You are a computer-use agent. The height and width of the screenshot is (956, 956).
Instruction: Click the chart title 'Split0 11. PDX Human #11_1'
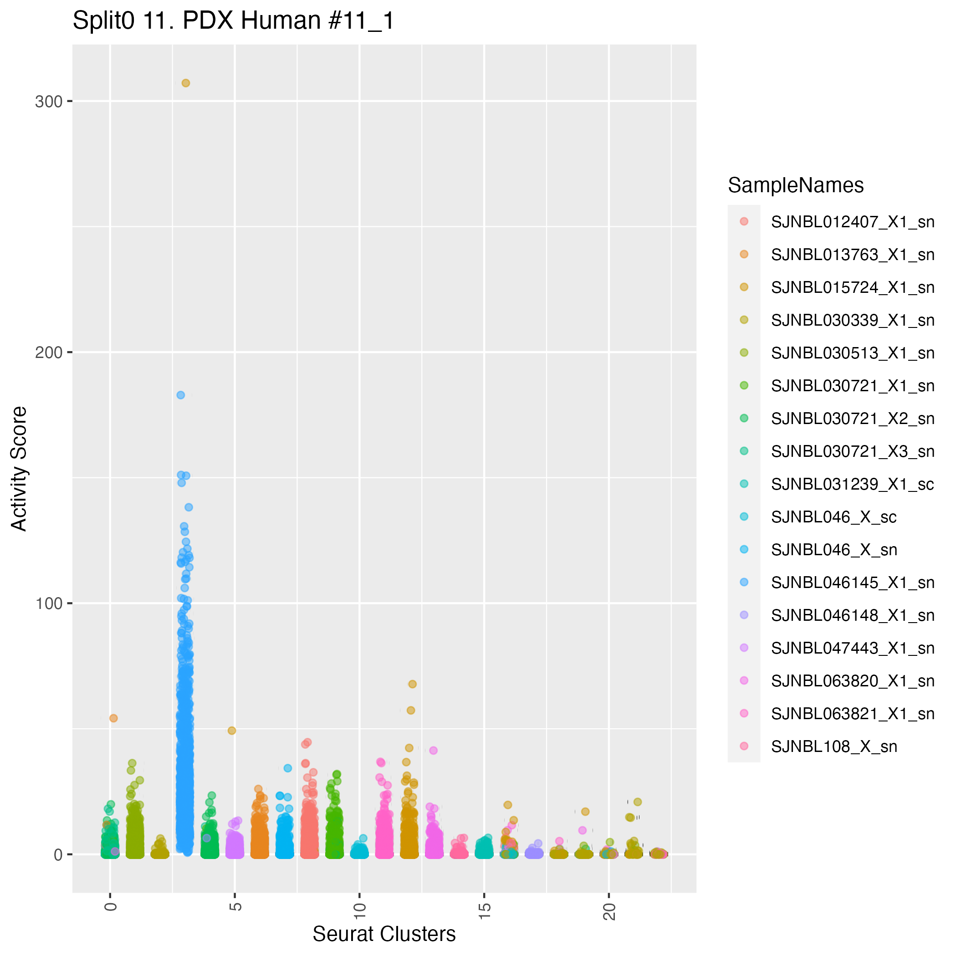(233, 21)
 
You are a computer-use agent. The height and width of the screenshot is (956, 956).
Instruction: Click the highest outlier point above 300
(185, 83)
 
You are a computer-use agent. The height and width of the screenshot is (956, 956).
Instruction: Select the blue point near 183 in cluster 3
(181, 395)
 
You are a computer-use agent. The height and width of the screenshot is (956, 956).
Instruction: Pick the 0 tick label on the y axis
(58, 854)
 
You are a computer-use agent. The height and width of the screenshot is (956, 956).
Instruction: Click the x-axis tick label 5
(236, 906)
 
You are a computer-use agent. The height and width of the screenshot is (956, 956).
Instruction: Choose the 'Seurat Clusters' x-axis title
(384, 934)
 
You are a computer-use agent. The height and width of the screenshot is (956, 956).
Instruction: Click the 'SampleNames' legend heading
(796, 185)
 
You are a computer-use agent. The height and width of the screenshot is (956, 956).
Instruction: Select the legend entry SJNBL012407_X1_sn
(853, 222)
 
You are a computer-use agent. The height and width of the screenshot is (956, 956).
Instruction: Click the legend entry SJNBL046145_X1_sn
(853, 583)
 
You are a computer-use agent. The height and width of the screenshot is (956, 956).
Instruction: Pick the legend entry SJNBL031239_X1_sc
(853, 485)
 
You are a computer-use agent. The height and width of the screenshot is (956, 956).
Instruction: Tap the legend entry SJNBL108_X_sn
(834, 746)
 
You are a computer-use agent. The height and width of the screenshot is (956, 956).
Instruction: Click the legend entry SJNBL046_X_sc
(834, 517)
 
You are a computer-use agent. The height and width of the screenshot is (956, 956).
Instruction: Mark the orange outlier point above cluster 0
(113, 718)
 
